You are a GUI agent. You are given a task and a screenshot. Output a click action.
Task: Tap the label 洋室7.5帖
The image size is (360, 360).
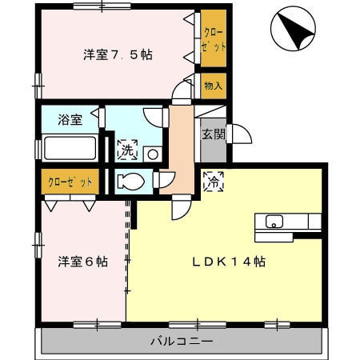click(118, 55)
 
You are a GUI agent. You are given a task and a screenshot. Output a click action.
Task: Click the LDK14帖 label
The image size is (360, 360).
click(228, 262)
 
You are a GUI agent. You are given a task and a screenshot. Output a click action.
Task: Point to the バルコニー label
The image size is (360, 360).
click(182, 342)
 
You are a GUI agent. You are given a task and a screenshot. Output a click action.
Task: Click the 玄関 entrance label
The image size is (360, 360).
click(212, 135)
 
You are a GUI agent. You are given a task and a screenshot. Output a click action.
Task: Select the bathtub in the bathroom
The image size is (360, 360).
click(69, 150)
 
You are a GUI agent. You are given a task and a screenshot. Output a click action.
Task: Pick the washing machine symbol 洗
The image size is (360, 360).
click(127, 149)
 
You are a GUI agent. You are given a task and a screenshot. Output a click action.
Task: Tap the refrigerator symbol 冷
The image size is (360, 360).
click(214, 182)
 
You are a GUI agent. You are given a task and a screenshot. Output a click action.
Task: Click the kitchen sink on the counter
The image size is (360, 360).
click(273, 222)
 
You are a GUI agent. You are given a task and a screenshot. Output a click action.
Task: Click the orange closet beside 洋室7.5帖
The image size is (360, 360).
click(213, 40)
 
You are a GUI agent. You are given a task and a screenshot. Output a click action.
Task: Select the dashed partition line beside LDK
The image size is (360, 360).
click(127, 248)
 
